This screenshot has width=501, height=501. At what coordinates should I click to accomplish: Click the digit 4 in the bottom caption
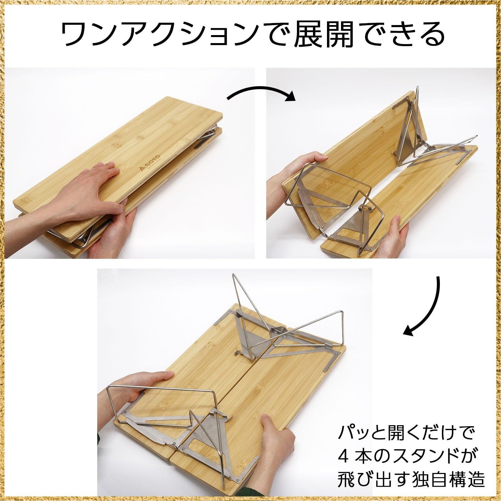[344, 455]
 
